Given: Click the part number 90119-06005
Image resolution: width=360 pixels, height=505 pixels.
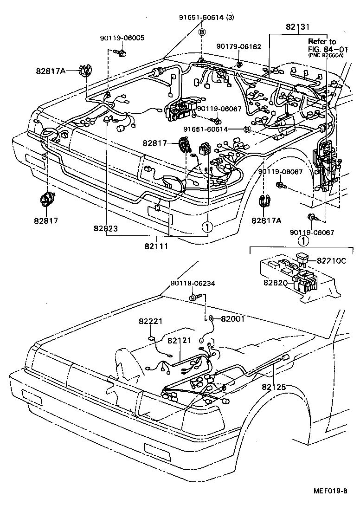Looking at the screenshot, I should pos(122,38).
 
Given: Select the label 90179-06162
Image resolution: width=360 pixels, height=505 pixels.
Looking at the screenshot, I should pos(239,46).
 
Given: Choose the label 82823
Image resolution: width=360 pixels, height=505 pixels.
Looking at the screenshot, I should pos(105,229).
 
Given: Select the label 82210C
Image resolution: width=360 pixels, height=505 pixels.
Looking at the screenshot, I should pos(331,261).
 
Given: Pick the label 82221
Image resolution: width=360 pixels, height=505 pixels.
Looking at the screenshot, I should pos(150,321).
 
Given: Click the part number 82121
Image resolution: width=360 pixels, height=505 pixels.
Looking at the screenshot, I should pos(179,340).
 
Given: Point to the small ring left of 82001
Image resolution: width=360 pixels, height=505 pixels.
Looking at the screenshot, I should pos(211,319).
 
